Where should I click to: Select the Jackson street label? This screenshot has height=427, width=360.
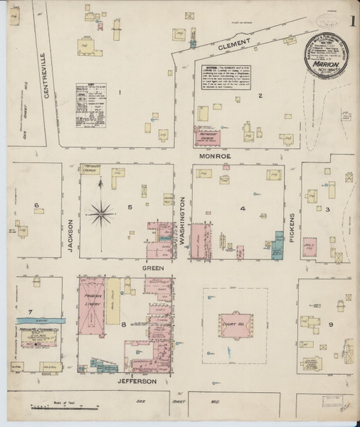pyautogui.click(x=71, y=234)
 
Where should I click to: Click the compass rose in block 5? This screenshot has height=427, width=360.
pyautogui.click(x=104, y=211)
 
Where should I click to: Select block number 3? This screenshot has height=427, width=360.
pyautogui.click(x=328, y=209)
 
